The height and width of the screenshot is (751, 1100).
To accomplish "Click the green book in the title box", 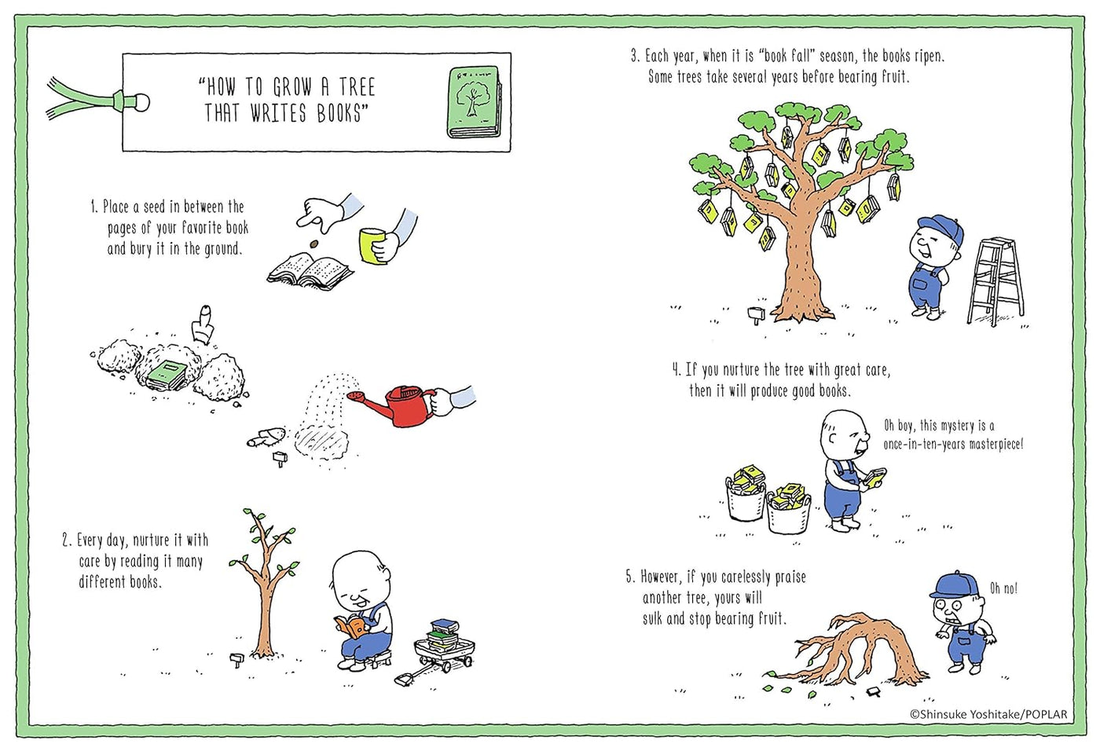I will coord(473,101).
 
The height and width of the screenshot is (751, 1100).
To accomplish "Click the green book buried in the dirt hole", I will coord(167,373).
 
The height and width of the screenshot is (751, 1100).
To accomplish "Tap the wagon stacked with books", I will coord(444,647).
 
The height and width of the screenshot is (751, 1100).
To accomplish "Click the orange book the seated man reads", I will coord(352,626).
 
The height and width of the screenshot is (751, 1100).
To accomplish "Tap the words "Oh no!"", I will coord(1003,588).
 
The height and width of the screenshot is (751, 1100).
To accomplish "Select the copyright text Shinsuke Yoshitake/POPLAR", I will coord(988,714).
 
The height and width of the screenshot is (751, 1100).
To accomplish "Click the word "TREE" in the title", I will coord(357,86).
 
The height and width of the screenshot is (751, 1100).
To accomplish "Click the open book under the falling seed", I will coord(311,272).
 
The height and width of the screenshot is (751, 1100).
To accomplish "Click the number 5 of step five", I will coord(629,577).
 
